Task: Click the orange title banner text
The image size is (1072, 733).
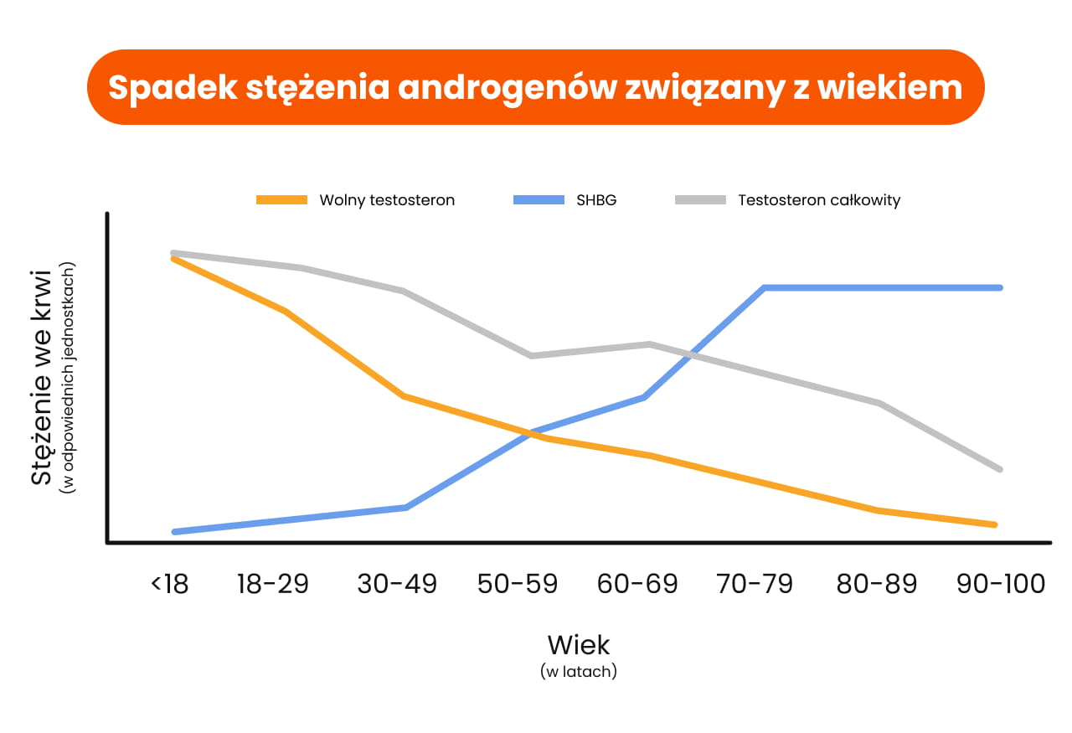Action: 535,87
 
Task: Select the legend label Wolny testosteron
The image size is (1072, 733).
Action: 387,200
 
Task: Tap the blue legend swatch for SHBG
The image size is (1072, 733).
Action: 538,200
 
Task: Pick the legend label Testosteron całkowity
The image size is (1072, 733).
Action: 819,200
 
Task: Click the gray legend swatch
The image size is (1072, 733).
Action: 701,200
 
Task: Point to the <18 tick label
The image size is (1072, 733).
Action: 170,583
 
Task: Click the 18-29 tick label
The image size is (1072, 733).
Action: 273,583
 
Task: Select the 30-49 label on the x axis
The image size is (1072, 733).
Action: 397,583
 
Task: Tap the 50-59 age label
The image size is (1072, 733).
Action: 518,583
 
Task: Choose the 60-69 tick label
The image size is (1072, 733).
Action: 637,583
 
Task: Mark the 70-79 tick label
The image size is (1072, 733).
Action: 755,583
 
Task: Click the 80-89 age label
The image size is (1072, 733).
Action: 877,583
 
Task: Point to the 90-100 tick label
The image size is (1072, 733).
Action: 1001,583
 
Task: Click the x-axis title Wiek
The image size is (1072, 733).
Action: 579,645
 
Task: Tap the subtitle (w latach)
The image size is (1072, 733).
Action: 579,672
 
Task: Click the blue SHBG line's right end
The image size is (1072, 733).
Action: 1000,287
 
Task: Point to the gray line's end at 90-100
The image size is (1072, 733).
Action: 1000,469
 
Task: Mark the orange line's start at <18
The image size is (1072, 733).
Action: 173,259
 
